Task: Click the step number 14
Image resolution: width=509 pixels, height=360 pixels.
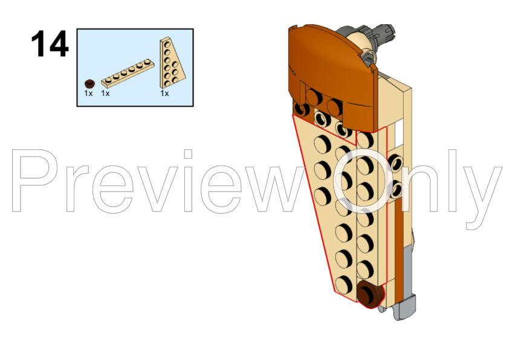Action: tap(50, 43)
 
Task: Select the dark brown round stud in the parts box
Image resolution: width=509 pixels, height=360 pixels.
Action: tap(89, 84)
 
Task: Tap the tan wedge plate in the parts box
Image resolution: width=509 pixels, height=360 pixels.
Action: tap(172, 63)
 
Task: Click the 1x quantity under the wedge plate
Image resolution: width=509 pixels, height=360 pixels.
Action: tap(164, 94)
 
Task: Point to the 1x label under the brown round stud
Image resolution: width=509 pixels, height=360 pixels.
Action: tap(88, 94)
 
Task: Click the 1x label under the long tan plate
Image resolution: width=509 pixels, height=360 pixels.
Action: tap(105, 94)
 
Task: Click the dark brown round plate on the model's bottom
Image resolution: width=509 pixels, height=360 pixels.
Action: tap(371, 295)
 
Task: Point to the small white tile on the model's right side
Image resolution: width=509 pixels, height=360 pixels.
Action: tap(399, 133)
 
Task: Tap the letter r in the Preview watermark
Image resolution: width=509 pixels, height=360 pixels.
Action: tap(78, 188)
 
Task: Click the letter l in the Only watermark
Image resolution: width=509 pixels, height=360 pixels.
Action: tap(453, 181)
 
